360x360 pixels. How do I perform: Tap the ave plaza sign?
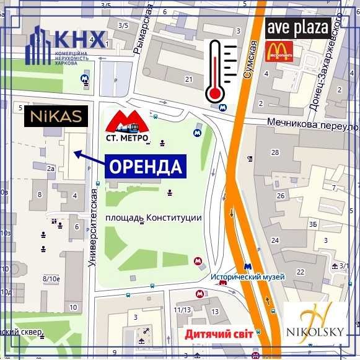(298, 28)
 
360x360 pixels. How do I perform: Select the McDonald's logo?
(279, 52)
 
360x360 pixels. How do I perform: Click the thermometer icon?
(220, 71)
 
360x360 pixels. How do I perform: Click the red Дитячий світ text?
(218, 334)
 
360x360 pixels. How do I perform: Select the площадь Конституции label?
(154, 218)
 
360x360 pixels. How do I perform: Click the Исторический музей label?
(247, 277)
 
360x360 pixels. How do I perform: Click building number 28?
(275, 152)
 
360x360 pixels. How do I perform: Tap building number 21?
(188, 79)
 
